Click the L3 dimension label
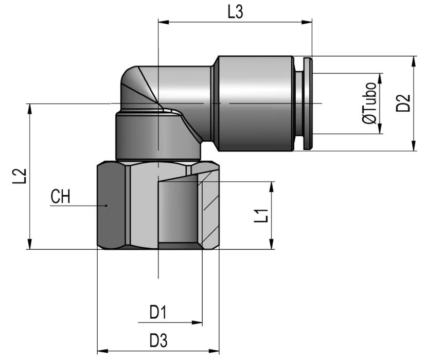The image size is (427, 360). (x=235, y=12)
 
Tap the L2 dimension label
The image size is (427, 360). (x=20, y=176)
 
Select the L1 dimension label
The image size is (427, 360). (x=261, y=216)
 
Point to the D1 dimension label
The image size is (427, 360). (x=158, y=312)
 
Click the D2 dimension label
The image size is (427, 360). (x=403, y=103)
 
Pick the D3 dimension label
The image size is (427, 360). (x=158, y=340)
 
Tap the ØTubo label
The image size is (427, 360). (x=369, y=103)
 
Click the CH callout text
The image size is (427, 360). (x=61, y=197)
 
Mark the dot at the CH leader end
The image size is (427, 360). (x=106, y=205)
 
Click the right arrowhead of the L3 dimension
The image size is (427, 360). (x=307, y=22)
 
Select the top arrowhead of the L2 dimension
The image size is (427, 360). (x=29, y=109)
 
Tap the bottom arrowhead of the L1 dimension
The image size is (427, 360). (x=271, y=244)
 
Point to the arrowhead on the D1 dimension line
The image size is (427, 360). (x=197, y=323)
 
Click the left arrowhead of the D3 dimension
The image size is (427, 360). (x=103, y=351)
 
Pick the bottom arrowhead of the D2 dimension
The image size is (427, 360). (x=414, y=145)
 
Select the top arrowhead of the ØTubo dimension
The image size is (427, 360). (x=380, y=79)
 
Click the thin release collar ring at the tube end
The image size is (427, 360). (x=308, y=104)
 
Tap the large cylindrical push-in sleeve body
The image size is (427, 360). (x=256, y=104)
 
